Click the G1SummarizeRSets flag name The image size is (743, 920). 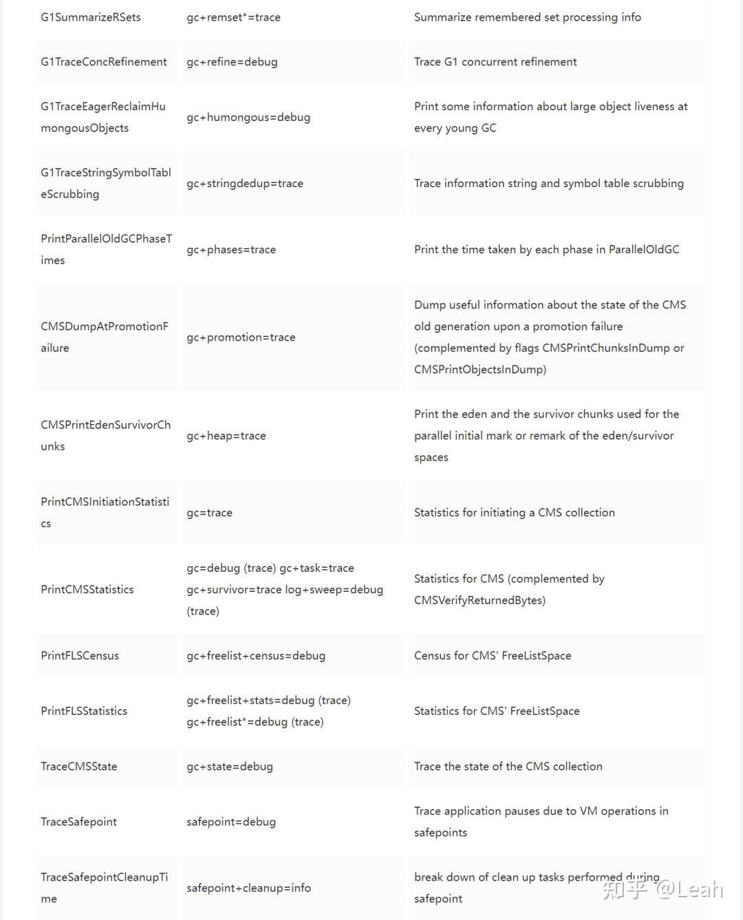coord(90,17)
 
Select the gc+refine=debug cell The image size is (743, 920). coord(232,62)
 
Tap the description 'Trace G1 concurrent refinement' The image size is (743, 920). coord(495,62)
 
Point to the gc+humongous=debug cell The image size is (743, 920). coord(248,117)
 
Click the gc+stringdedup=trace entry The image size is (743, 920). coord(245,183)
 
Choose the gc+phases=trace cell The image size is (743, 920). coord(231,250)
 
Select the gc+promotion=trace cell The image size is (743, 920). coord(241,337)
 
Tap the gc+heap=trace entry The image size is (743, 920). coord(226,436)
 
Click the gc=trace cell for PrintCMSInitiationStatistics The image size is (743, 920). coord(209,513)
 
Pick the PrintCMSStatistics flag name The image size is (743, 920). coord(87,590)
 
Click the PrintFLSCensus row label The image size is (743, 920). coord(80,656)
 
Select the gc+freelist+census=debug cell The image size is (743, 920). coord(256,656)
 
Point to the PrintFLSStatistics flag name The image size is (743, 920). coord(84,711)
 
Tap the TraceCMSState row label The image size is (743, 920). coord(79,767)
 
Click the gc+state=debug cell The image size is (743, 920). coord(230,767)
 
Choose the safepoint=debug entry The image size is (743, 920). coord(231,822)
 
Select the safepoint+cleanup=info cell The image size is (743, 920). coord(248,888)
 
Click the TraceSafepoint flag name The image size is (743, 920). coord(79,822)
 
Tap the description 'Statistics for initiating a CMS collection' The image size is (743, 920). coord(515,513)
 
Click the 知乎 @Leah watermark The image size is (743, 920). coord(663,890)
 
